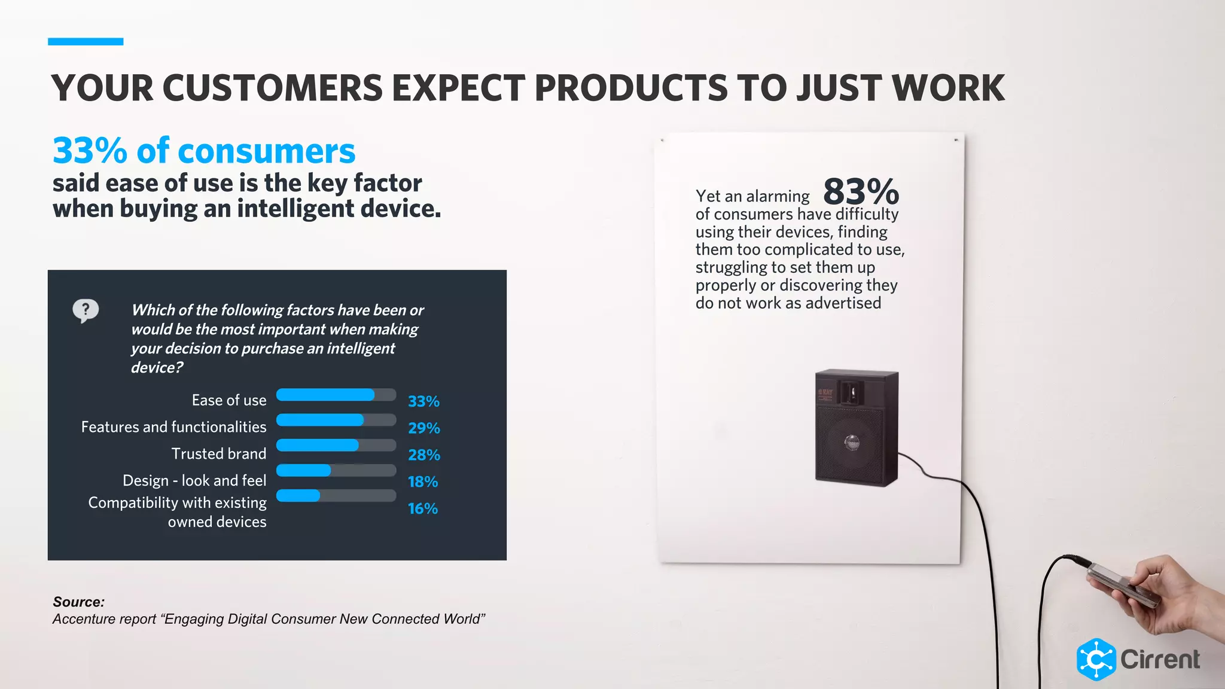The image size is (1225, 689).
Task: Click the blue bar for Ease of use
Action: (325, 395)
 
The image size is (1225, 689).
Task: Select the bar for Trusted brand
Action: (318, 446)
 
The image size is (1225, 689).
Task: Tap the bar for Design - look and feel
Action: (304, 471)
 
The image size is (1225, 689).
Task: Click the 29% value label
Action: (423, 428)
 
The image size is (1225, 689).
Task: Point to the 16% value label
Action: (422, 509)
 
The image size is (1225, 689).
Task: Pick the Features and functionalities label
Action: (173, 427)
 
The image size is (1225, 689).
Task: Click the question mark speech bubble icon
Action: (86, 310)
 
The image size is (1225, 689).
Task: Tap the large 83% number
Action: (861, 192)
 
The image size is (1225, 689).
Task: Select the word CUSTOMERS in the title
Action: (272, 89)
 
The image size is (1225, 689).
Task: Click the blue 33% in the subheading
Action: (90, 151)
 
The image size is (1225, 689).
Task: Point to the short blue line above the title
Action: (86, 42)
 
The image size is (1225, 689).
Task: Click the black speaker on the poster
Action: (856, 427)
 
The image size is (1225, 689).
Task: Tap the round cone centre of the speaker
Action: (852, 443)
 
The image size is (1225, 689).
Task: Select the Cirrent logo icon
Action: (1096, 660)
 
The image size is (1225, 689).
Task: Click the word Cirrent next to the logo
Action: (1160, 660)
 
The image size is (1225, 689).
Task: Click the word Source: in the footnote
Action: (78, 602)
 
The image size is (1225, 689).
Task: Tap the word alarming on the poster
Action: (778, 196)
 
